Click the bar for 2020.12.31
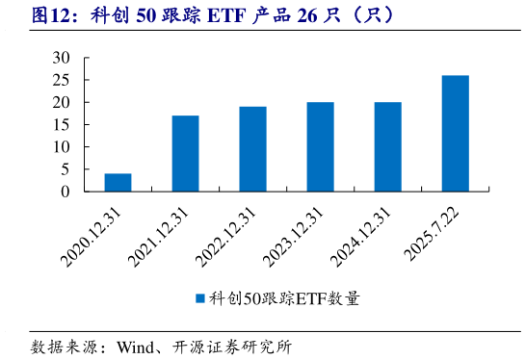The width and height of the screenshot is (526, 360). coord(118,182)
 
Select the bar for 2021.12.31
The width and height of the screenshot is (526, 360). coord(185,153)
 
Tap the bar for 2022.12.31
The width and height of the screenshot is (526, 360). coord(252,148)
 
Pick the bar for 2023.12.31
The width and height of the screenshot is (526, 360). coord(320,146)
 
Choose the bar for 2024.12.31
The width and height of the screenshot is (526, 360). coord(387,146)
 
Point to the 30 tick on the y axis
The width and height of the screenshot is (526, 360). coord(61,58)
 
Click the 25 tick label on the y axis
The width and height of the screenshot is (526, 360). coord(61,80)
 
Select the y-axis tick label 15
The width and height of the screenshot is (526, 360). coord(61,124)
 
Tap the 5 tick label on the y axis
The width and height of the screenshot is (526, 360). coord(65,168)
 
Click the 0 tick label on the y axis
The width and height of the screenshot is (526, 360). coord(65,191)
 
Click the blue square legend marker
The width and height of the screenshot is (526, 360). coord(200,299)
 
